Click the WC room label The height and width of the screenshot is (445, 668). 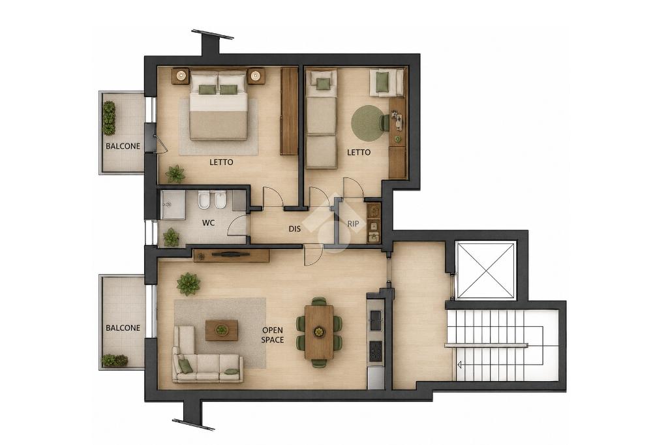[x=208, y=223]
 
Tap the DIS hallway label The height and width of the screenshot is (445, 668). [x=294, y=229]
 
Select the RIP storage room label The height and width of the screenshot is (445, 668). [x=353, y=223]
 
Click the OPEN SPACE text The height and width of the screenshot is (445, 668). [x=273, y=335]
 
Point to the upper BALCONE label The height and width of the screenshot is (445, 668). [x=123, y=146]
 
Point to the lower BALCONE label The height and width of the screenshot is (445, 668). [x=123, y=328]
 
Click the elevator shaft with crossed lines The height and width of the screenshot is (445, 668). [x=486, y=270]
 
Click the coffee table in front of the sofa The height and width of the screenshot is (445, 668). [x=222, y=330]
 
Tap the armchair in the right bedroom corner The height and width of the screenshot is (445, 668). [x=386, y=83]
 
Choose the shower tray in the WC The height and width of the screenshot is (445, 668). [x=173, y=205]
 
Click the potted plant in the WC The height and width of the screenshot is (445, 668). [x=171, y=238]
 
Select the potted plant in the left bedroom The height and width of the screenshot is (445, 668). [x=175, y=174]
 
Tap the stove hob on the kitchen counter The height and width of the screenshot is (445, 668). [x=376, y=351]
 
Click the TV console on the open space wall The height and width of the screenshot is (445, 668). [x=232, y=255]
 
